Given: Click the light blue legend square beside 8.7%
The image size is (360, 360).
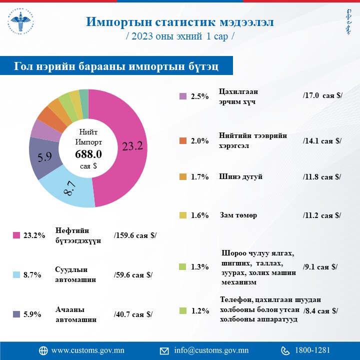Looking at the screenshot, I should click(x=16, y=274).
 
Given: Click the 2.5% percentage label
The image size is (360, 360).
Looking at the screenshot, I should click(x=199, y=96).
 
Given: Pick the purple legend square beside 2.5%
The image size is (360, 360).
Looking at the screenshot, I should click(x=182, y=96).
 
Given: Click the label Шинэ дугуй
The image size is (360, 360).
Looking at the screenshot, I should click(x=241, y=176).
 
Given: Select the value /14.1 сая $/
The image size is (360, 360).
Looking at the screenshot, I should click(x=322, y=140).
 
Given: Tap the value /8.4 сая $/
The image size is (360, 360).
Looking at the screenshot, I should click(x=320, y=310).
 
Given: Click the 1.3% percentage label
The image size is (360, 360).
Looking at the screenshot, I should click(x=199, y=267).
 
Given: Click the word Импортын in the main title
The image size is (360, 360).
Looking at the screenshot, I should click(x=119, y=22).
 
